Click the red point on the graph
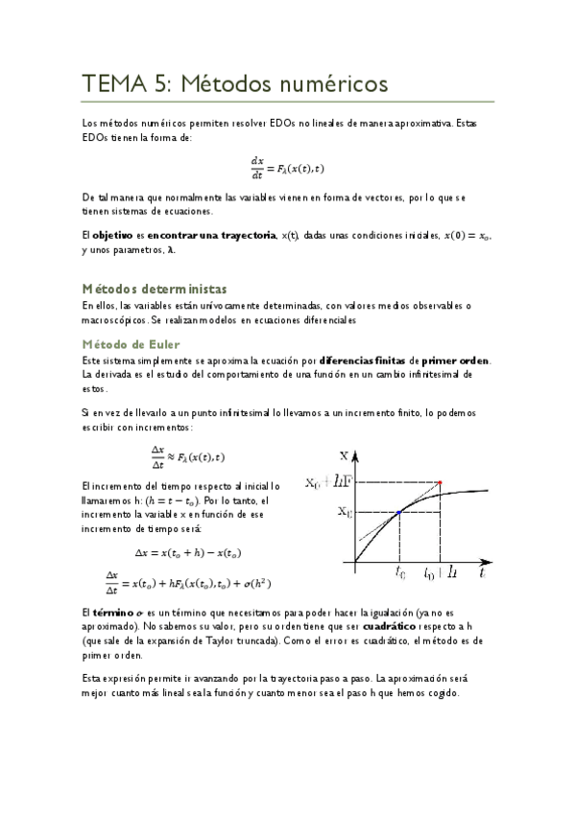440,482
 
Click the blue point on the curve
398,514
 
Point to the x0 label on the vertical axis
343,513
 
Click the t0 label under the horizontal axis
400,573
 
